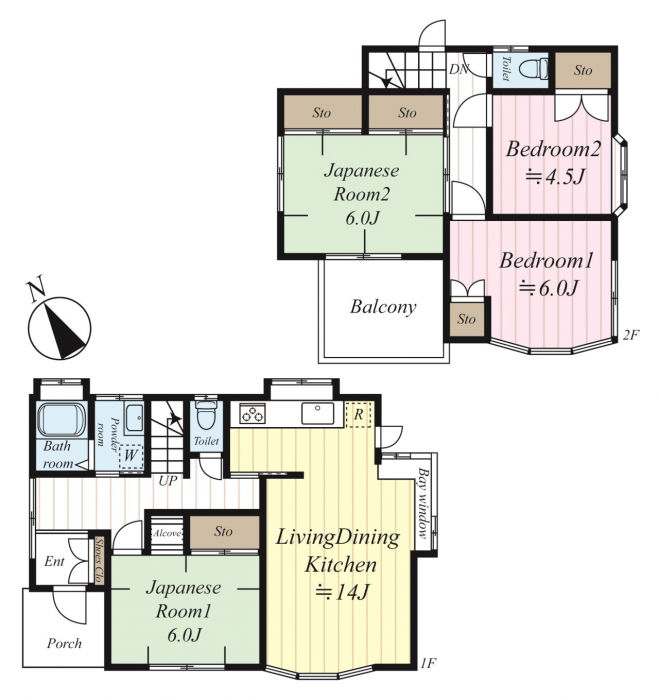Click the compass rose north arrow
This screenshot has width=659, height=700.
point(66,329)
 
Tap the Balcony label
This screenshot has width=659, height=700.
point(383,307)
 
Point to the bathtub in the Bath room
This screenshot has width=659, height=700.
point(61,420)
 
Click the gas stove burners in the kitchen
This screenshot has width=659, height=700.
point(253,413)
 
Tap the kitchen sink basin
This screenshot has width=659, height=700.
point(317,413)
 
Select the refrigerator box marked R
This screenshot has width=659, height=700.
point(359,415)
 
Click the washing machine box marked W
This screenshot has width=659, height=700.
point(131,456)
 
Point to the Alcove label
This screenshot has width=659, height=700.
point(167,533)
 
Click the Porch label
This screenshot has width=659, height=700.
point(65,643)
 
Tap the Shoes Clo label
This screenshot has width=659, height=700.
point(99,560)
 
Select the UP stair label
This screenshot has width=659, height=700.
point(168,481)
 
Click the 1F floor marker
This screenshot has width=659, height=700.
point(428,663)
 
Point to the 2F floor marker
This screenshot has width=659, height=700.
point(631,335)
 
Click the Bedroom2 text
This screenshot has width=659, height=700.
point(553,149)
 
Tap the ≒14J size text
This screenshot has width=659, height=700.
point(342,592)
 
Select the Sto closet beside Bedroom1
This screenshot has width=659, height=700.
point(467,320)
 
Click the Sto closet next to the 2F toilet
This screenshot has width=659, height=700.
point(583,71)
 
